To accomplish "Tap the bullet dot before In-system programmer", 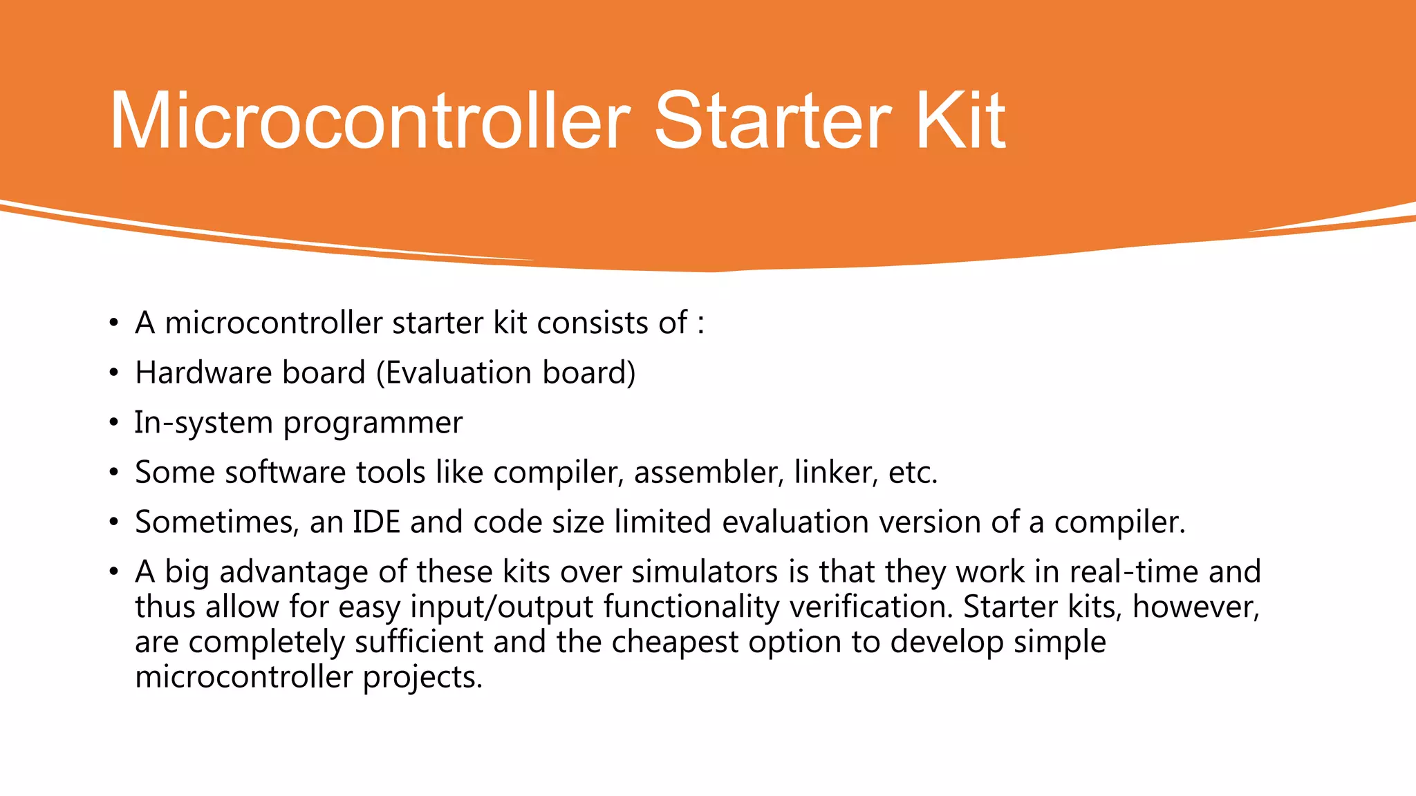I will (114, 424).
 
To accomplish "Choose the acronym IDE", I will (377, 522).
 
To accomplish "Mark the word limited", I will (662, 522).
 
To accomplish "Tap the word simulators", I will (705, 572).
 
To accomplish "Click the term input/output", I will (502, 608).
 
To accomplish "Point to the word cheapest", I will (675, 643).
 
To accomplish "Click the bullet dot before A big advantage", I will (114, 572).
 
